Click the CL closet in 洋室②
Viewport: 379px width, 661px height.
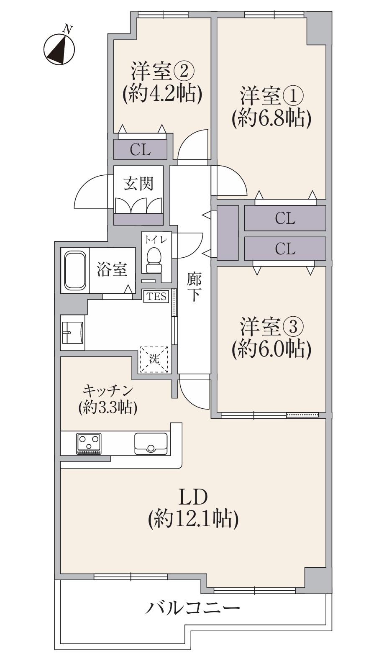[x=140, y=149]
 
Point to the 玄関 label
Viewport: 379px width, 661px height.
[x=138, y=183]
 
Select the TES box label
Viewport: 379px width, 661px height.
[x=156, y=297]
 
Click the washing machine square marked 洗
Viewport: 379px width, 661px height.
[x=155, y=359]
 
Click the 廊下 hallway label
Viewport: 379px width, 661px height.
[x=194, y=287]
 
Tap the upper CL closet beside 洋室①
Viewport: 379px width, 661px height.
[x=285, y=218]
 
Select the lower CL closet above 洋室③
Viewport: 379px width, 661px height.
[x=285, y=249]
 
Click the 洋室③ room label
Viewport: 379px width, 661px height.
[x=271, y=327]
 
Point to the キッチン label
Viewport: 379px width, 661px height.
[x=108, y=391]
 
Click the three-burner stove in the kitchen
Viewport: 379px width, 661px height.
[x=89, y=444]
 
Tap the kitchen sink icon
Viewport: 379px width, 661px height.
[x=151, y=443]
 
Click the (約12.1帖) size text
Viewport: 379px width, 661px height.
[x=193, y=519]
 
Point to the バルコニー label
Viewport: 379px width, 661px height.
[x=193, y=607]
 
